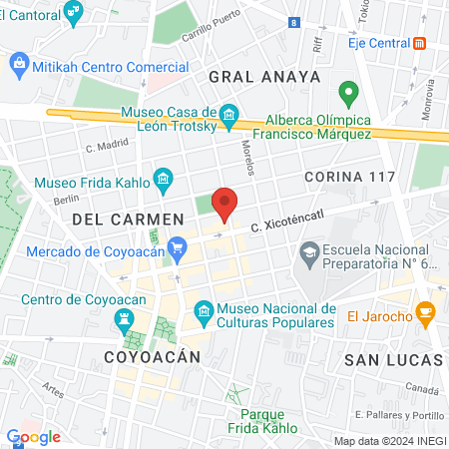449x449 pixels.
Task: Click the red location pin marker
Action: (x=225, y=204)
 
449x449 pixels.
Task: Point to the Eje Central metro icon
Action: (x=421, y=43)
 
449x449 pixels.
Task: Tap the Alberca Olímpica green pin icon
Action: (x=348, y=96)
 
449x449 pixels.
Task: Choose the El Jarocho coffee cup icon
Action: (x=424, y=312)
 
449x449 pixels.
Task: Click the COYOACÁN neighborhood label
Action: (x=153, y=356)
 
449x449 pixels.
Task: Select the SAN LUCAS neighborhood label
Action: (x=392, y=358)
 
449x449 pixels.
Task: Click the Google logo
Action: (x=33, y=437)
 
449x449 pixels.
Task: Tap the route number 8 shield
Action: (x=293, y=22)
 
